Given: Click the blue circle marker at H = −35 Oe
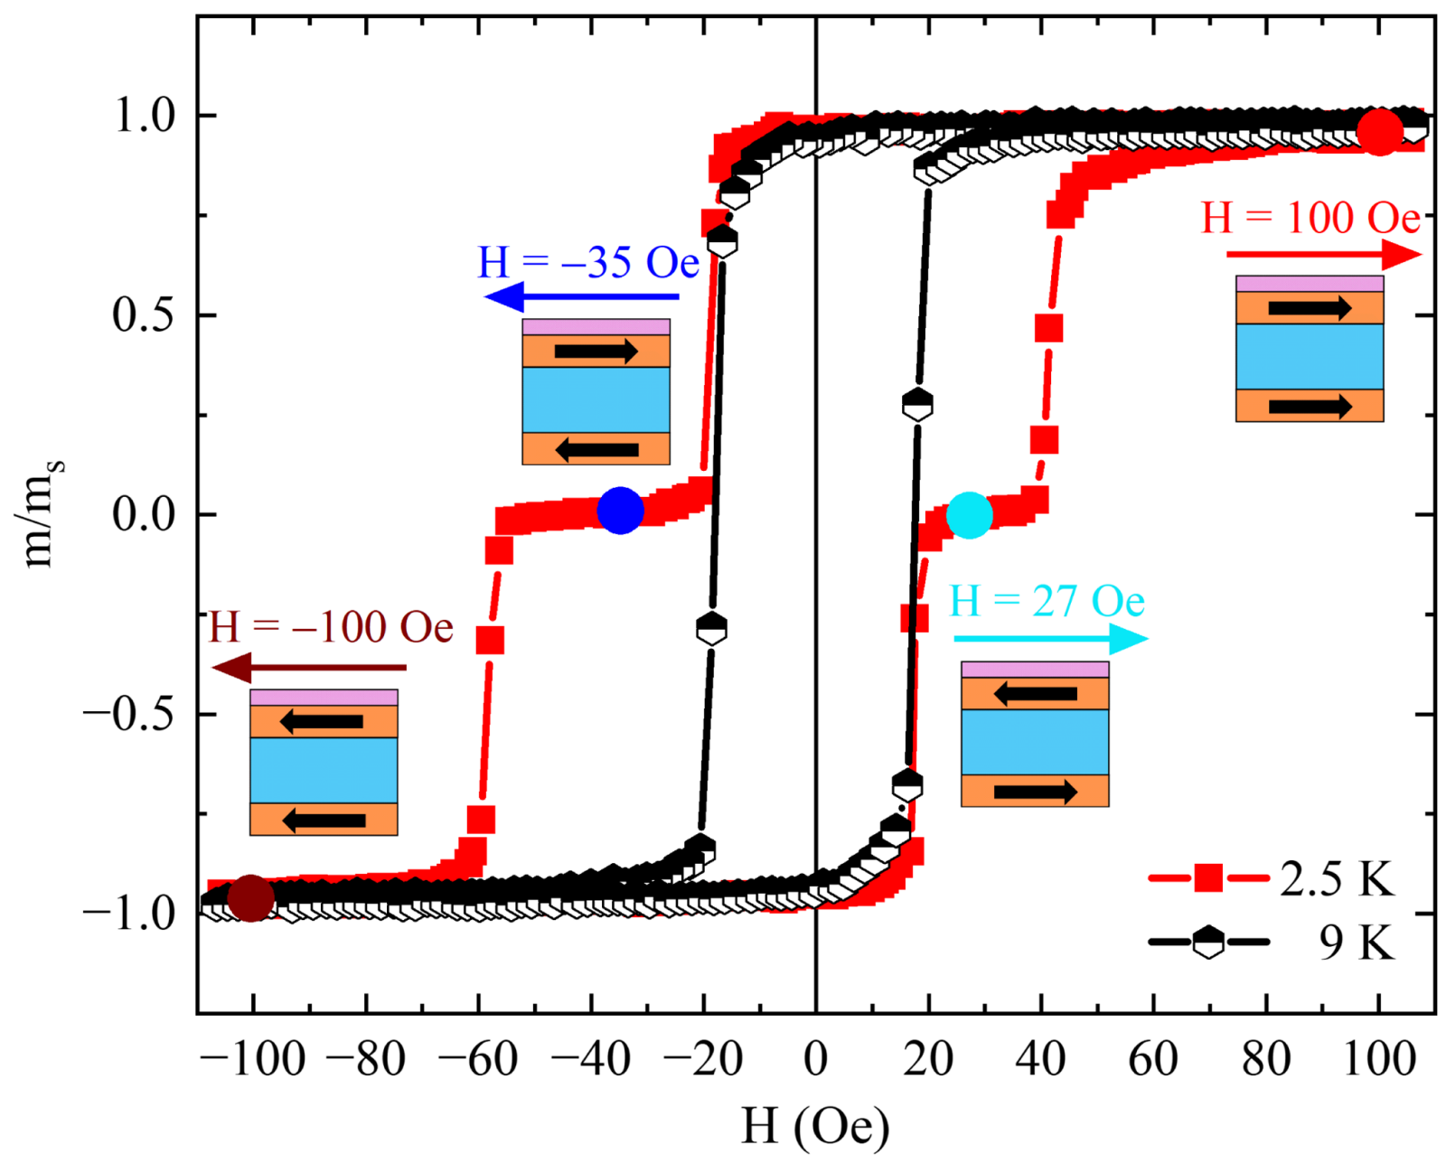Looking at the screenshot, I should pyautogui.click(x=620, y=510).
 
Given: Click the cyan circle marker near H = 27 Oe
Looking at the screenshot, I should pyautogui.click(x=970, y=515).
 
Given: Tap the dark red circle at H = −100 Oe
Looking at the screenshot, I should pyautogui.click(x=250, y=897).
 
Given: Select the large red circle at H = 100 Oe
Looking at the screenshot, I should pyautogui.click(x=1380, y=132).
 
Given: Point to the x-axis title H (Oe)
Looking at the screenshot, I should pyautogui.click(x=815, y=1126).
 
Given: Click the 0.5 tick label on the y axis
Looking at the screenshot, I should pyautogui.click(x=142, y=315).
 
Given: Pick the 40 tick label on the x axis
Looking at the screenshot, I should pyautogui.click(x=1040, y=1058).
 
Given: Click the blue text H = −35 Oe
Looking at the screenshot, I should pyautogui.click(x=588, y=263).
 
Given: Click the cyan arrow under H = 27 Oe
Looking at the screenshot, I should pyautogui.click(x=1050, y=639).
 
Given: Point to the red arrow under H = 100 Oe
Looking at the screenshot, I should pyautogui.click(x=1324, y=255).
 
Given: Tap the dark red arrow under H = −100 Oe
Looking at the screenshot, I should pyautogui.click(x=308, y=669).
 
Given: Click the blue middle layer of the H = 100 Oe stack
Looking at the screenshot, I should pyautogui.click(x=1310, y=356).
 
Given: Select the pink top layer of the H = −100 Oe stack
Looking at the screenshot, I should pyautogui.click(x=324, y=697).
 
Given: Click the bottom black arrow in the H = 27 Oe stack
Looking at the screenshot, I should pyautogui.click(x=1035, y=792).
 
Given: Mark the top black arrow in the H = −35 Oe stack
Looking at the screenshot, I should pyautogui.click(x=596, y=351).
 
